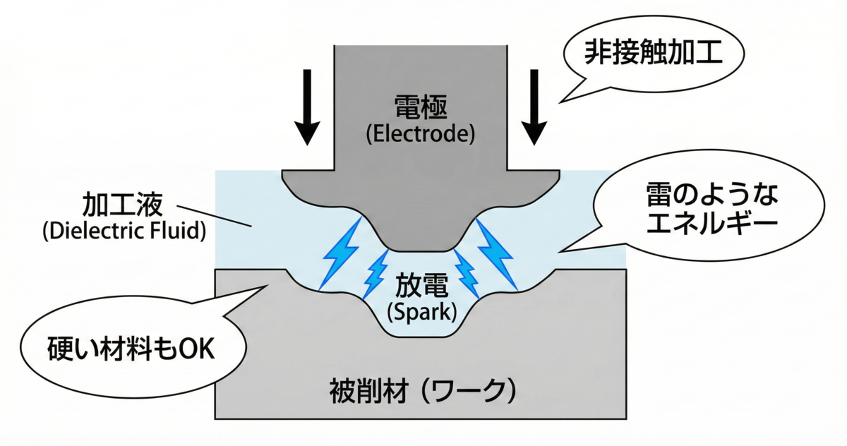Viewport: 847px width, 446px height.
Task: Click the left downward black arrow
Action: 308,107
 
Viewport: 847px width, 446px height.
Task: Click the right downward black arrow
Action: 534,107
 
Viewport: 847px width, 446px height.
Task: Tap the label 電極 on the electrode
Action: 421,107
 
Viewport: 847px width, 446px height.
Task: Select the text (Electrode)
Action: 421,134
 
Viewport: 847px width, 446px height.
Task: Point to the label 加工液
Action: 123,204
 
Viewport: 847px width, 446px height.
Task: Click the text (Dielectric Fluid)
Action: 124,231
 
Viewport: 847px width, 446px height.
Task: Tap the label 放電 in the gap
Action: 422,286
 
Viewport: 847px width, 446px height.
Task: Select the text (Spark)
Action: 422,313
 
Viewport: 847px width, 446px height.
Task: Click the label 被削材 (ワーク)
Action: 422,391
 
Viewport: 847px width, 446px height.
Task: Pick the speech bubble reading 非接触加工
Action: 654,53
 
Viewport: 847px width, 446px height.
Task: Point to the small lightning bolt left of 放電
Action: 376,274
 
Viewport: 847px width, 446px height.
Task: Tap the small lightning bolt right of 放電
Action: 467,274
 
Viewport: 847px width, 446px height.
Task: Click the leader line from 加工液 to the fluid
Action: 215,216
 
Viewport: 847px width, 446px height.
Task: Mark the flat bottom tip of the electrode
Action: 421,251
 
